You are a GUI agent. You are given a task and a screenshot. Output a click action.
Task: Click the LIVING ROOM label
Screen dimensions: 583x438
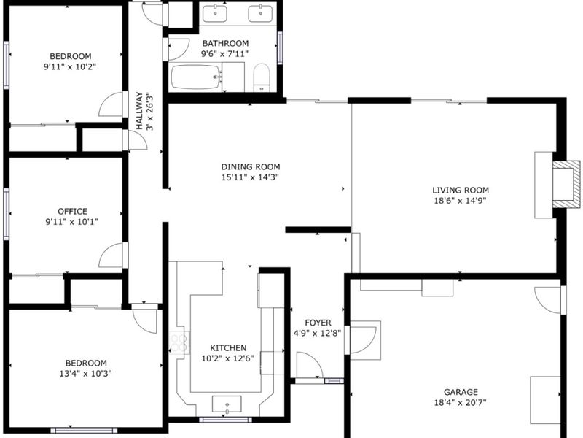click(461, 190)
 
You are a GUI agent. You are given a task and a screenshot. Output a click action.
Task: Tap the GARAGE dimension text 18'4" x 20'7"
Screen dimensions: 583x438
click(461, 403)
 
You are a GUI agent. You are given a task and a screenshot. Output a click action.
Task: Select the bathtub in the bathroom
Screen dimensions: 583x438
click(195, 77)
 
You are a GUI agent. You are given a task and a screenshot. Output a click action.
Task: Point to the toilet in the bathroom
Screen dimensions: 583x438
click(261, 77)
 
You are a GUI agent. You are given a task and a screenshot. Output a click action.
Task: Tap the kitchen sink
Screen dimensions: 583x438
click(227, 404)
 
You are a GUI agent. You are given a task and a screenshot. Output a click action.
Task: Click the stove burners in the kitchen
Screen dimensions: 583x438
click(179, 342)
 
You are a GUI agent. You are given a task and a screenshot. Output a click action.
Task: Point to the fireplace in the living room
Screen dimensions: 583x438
click(566, 185)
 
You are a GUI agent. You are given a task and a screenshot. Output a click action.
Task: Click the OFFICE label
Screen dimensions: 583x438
click(72, 211)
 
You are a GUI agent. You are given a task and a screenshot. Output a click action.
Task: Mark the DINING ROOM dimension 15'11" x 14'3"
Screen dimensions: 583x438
click(250, 177)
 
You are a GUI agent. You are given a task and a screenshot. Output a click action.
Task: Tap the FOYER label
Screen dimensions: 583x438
click(318, 323)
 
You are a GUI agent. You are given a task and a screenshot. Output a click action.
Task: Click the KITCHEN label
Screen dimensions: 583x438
click(228, 348)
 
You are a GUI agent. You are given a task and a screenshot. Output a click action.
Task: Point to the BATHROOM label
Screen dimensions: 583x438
click(225, 43)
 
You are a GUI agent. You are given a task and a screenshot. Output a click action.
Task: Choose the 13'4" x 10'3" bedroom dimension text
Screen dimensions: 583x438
click(85, 374)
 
